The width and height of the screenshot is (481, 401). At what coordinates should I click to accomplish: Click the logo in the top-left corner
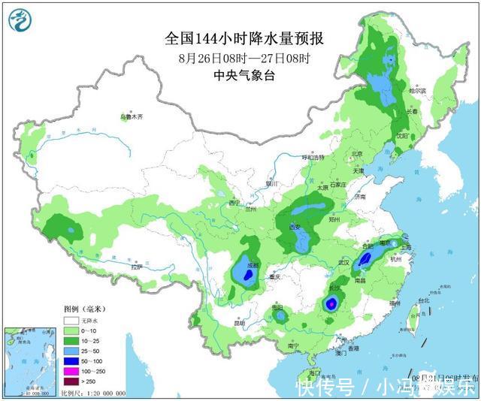(x=23, y=21)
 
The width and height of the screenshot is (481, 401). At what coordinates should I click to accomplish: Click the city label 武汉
(x=345, y=262)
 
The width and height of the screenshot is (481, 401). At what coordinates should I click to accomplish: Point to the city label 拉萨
(x=136, y=267)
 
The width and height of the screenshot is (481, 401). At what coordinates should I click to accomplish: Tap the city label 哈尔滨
(x=418, y=91)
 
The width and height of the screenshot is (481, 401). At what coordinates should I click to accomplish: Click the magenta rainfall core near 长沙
(x=330, y=304)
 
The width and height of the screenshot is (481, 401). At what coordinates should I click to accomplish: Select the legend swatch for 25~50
(x=71, y=351)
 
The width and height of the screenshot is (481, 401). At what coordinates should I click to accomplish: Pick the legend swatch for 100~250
(x=71, y=372)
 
